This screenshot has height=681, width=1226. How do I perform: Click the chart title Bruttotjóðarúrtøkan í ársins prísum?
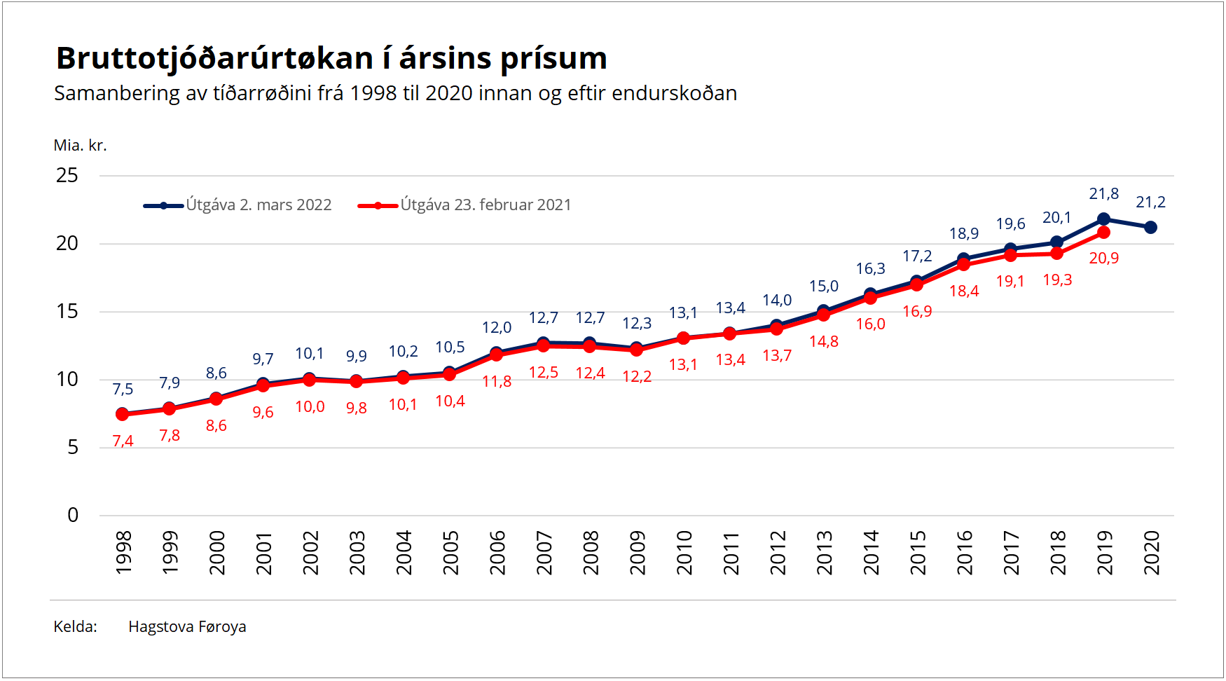(331, 58)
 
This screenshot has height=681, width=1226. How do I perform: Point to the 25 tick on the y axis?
(67, 175)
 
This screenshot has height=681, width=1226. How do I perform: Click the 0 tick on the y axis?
(73, 516)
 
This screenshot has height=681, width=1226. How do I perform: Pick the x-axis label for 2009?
(638, 553)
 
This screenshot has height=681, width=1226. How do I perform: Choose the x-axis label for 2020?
(1152, 553)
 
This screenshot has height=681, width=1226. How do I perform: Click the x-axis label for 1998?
(123, 553)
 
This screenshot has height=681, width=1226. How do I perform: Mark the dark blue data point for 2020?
(1150, 227)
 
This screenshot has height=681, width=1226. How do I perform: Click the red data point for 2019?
(1103, 232)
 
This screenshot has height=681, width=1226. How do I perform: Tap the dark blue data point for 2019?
(1103, 219)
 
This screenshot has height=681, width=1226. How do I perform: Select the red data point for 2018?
(1056, 254)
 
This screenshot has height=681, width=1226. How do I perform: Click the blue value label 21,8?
(1103, 194)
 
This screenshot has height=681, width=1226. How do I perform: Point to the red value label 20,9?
(1103, 259)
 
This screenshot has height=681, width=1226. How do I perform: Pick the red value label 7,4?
(123, 441)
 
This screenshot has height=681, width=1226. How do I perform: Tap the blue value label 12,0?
(497, 328)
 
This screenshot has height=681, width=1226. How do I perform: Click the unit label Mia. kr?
(80, 146)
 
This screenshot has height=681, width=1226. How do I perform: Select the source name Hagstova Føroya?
(187, 627)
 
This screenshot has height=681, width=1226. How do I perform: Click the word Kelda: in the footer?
(75, 627)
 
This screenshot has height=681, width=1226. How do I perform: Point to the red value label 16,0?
(870, 324)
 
